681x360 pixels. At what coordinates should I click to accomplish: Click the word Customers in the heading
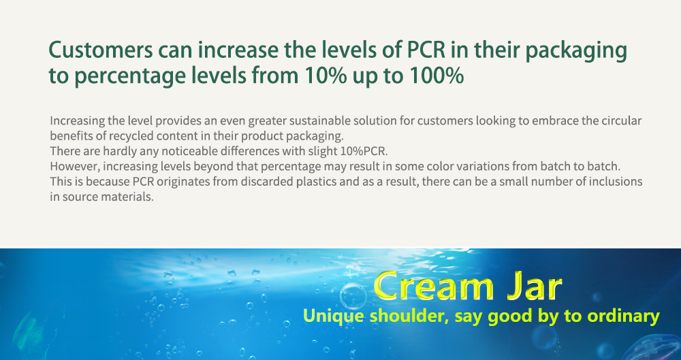[x=100, y=50]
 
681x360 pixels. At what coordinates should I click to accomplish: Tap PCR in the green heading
[x=426, y=50]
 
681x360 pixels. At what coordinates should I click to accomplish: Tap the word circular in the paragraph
[x=622, y=120]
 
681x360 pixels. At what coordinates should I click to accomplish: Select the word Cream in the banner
[x=433, y=287]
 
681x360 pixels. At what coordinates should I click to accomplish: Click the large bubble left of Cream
[x=353, y=297]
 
